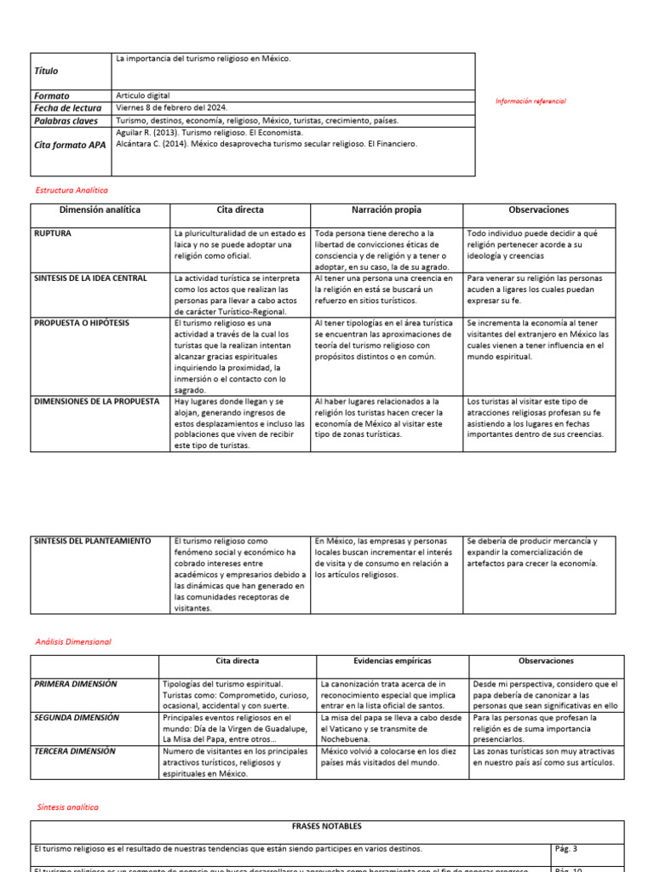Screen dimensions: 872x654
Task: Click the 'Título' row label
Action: point(47,72)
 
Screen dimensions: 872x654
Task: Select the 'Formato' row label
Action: point(52,96)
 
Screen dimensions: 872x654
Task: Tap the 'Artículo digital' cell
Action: point(145,96)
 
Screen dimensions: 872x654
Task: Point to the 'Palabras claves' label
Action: point(66,121)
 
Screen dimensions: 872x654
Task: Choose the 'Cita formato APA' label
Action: point(70,145)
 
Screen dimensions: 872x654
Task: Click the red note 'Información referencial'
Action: point(531,101)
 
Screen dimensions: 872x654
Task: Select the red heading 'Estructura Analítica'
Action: point(72,191)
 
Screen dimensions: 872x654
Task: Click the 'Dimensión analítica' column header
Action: point(100,209)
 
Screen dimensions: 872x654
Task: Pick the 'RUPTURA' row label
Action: point(53,232)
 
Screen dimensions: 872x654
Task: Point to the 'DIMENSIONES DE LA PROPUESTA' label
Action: point(95,401)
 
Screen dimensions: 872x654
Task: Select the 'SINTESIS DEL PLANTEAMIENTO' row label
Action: point(92,541)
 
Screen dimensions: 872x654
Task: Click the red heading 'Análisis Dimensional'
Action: point(73,641)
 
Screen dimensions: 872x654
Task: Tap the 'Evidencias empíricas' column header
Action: point(392,661)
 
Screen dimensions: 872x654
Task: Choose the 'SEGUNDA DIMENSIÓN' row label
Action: point(77,718)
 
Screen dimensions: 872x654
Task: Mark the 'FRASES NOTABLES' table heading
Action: point(327,826)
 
